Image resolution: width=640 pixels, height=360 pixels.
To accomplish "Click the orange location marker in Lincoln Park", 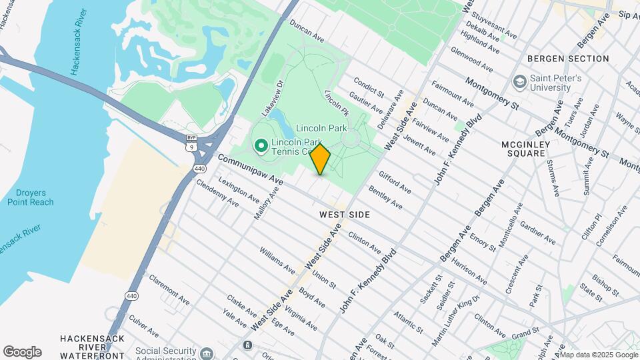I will coord(321,159).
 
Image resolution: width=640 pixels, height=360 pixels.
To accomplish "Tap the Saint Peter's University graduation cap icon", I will coord(519,83).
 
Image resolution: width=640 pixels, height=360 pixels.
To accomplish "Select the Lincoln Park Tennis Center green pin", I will coord(261,145).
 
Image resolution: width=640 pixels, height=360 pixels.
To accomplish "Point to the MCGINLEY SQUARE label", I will coord(531,148).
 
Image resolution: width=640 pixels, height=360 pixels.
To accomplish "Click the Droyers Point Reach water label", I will coord(31,197).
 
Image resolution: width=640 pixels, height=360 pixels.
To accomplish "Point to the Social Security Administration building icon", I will coord(207,352).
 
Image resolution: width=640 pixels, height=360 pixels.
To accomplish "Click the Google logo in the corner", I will coord(22,352).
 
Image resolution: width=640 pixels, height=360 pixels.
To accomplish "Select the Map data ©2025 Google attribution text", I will coord(599,355).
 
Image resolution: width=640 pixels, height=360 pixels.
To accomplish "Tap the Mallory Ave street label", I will coord(267,203).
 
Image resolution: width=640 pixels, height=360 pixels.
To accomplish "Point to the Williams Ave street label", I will coord(277,261).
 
